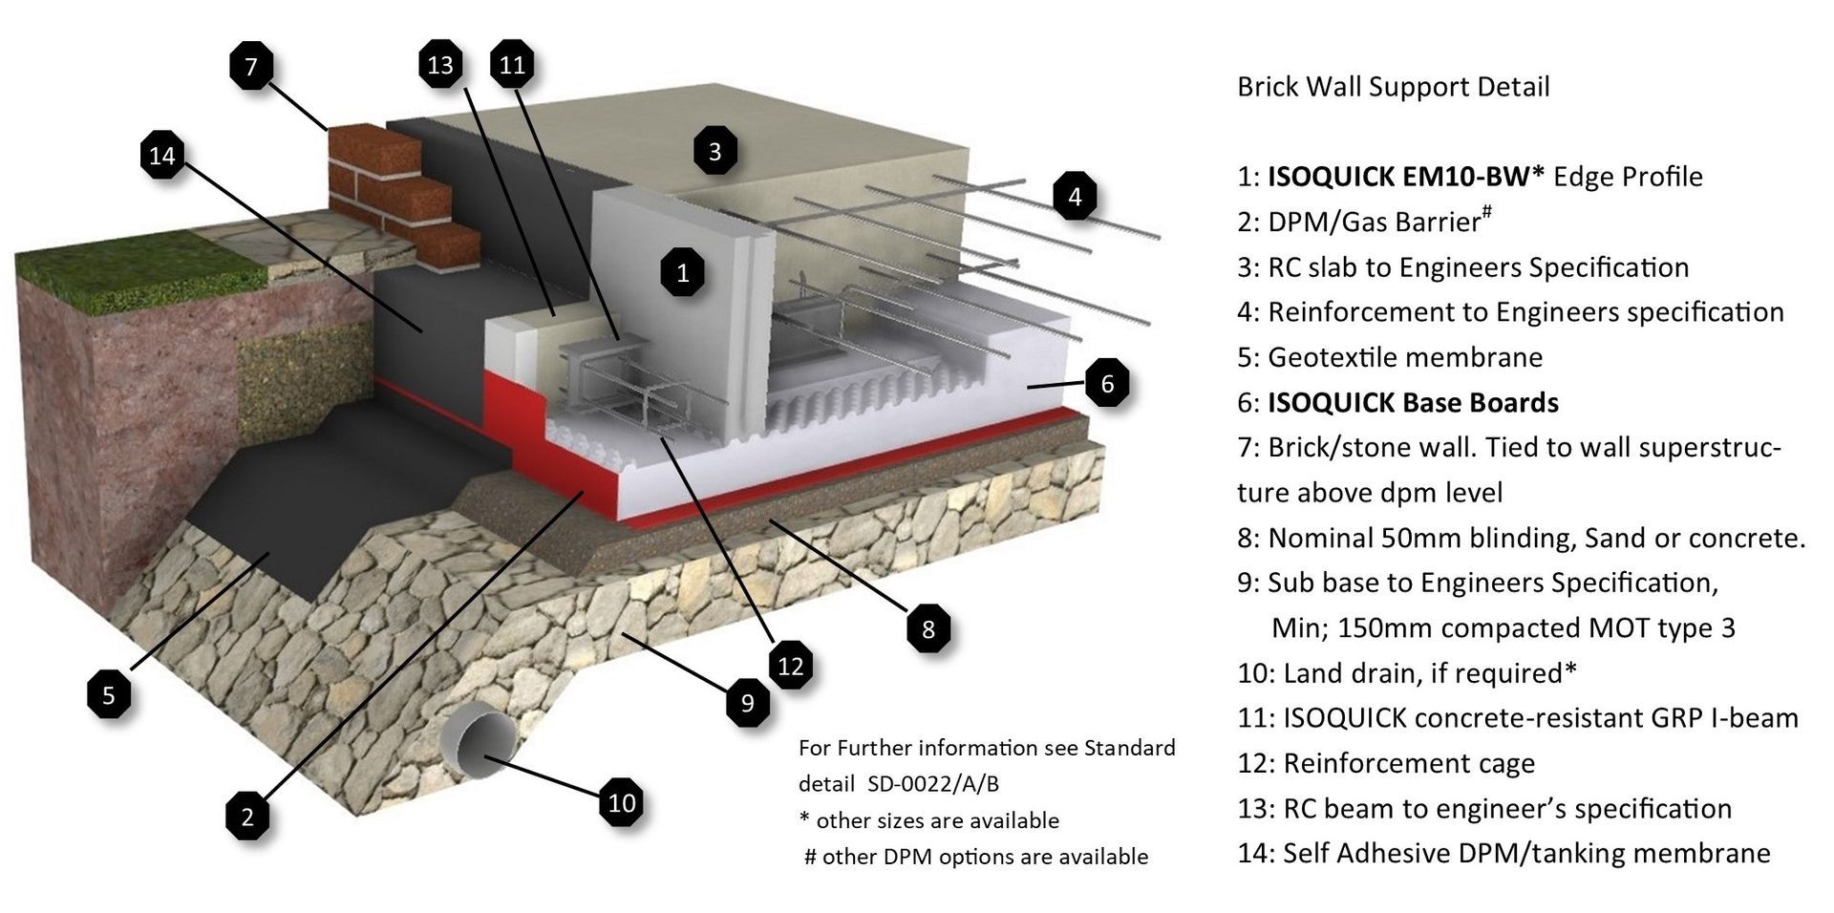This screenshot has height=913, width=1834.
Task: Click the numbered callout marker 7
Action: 251,66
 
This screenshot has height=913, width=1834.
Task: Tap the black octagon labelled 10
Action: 622,802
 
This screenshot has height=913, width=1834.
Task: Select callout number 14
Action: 162,155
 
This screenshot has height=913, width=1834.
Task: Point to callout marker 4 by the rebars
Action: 1076,197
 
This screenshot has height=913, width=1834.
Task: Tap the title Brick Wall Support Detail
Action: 1393,87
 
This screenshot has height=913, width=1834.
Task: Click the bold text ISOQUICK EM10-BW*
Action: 1404,177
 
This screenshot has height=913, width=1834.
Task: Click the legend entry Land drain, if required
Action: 1406,673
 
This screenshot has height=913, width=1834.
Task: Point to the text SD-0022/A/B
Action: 933,784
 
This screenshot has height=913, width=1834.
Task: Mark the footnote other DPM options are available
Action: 976,857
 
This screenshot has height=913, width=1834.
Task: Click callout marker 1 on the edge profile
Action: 683,273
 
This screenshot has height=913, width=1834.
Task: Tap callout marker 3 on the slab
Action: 714,151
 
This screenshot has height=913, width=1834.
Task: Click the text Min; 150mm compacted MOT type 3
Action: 1503,627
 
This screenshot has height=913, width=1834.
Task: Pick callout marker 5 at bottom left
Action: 109,694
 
